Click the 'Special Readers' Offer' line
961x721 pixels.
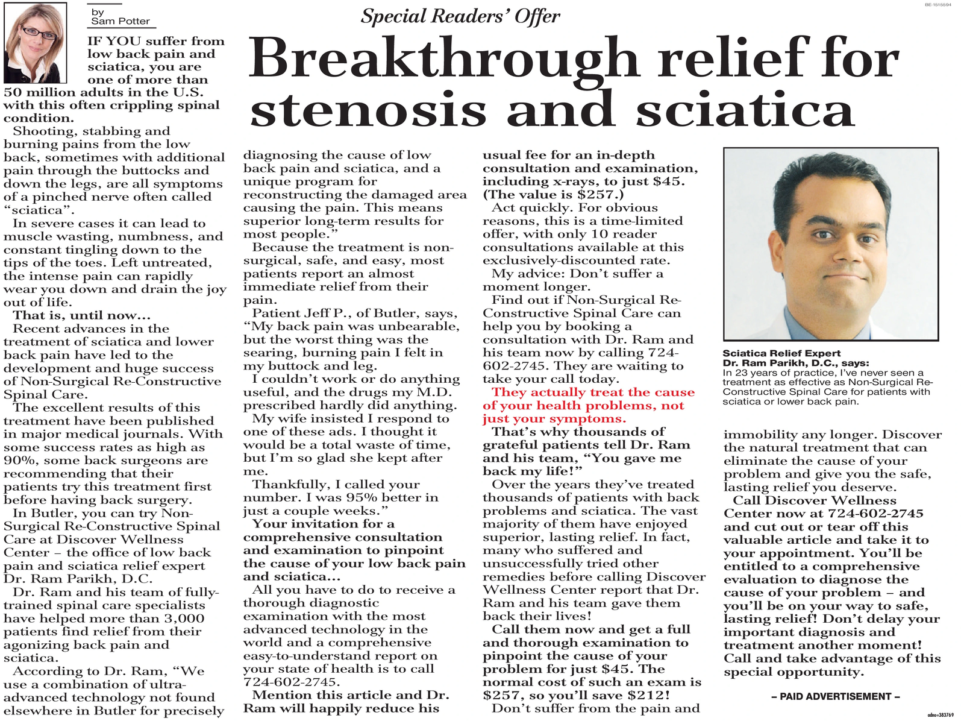460,16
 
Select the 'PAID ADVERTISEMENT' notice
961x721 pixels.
835,696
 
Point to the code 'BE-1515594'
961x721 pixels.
937,4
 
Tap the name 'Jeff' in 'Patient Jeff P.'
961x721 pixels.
319,313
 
